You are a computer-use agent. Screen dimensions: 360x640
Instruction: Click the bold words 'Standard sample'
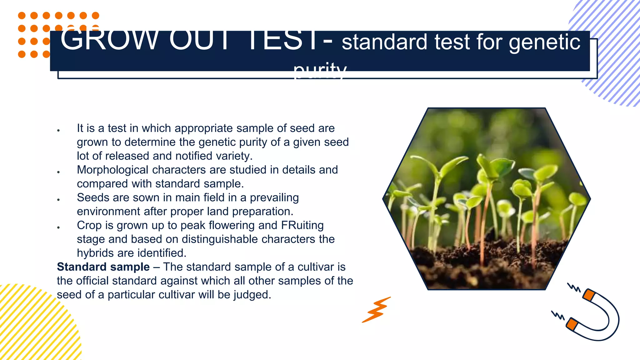[103, 267]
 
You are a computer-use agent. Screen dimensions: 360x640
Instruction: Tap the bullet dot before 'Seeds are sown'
[58, 199]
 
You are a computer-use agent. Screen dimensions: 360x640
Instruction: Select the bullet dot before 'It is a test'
[58, 130]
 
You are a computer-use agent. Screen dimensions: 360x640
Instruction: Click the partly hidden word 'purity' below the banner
[320, 71]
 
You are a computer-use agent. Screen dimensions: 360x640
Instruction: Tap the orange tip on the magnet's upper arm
[588, 295]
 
